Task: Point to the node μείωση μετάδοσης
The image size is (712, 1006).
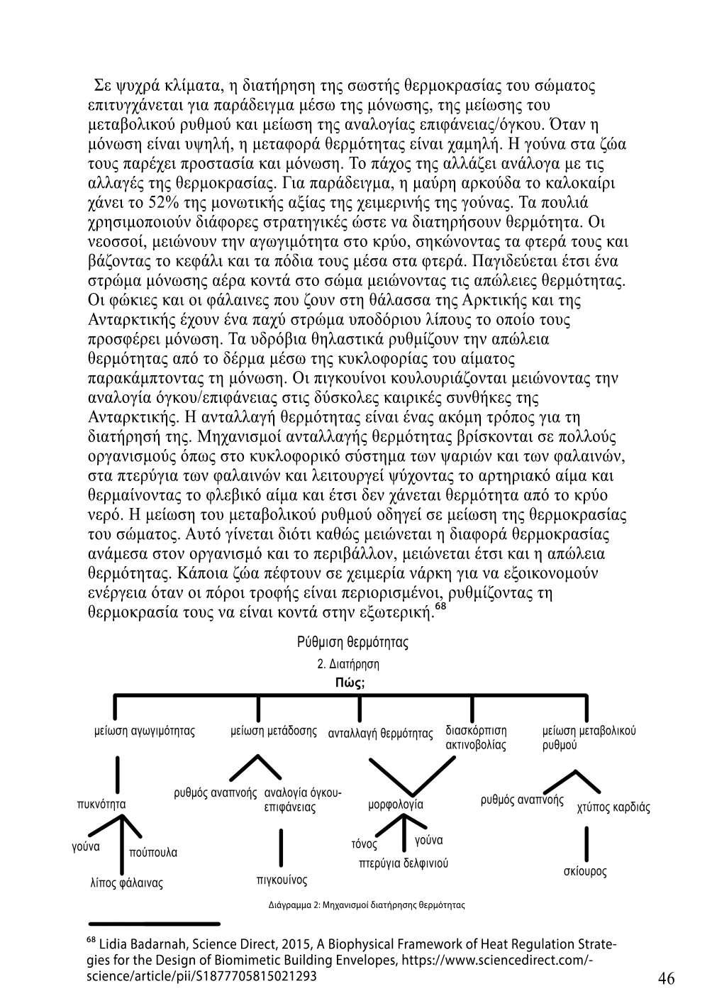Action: [x=274, y=731]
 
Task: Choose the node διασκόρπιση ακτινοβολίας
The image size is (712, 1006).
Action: [x=476, y=738]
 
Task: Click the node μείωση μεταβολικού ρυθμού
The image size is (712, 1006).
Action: [x=589, y=738]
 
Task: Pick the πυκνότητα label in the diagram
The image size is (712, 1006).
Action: [x=101, y=805]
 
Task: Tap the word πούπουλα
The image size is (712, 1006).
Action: [x=153, y=852]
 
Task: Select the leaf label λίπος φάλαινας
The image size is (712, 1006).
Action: [x=127, y=883]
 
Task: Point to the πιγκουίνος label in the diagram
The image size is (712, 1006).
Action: [x=282, y=880]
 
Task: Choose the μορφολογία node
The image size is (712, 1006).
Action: [x=396, y=805]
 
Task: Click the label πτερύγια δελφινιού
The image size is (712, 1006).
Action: [x=404, y=863]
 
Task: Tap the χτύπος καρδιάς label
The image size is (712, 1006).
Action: [x=613, y=807]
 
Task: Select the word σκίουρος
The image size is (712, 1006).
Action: [x=585, y=871]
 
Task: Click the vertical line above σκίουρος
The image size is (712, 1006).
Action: [x=586, y=842]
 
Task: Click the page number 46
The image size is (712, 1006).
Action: [x=666, y=978]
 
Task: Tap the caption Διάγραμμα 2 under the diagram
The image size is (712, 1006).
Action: [x=366, y=905]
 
